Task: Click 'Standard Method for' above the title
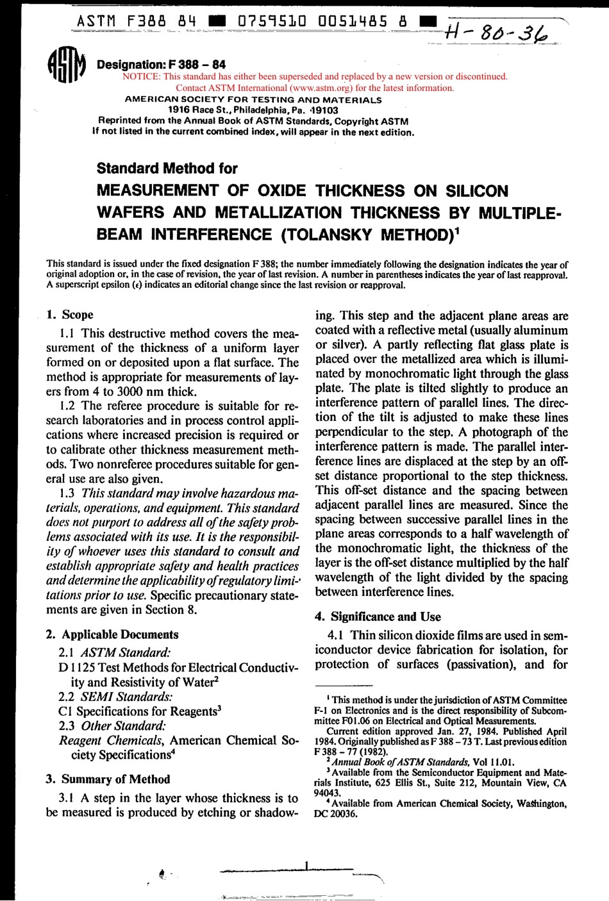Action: (x=167, y=169)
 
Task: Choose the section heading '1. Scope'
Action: (x=70, y=315)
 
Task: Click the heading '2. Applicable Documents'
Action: (x=112, y=634)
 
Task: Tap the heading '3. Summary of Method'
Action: (x=108, y=779)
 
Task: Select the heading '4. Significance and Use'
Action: (x=378, y=616)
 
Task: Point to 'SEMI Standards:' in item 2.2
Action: (x=126, y=697)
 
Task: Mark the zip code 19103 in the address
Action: (x=324, y=110)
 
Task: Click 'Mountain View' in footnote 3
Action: (x=519, y=782)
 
